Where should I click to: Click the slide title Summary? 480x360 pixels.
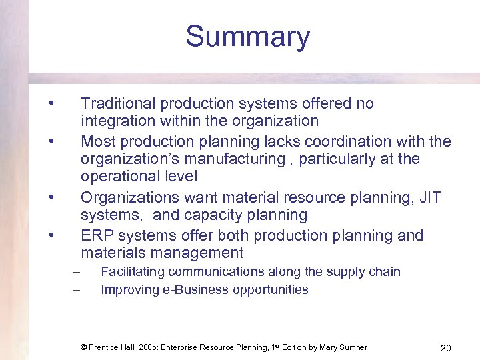coord(247,37)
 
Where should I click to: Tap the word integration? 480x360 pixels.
coord(115,121)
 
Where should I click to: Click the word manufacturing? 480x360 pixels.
coord(241,159)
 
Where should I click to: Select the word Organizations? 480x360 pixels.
coord(129,198)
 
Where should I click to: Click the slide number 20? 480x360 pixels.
coord(446,347)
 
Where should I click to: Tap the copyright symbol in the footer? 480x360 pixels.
coord(84,347)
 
